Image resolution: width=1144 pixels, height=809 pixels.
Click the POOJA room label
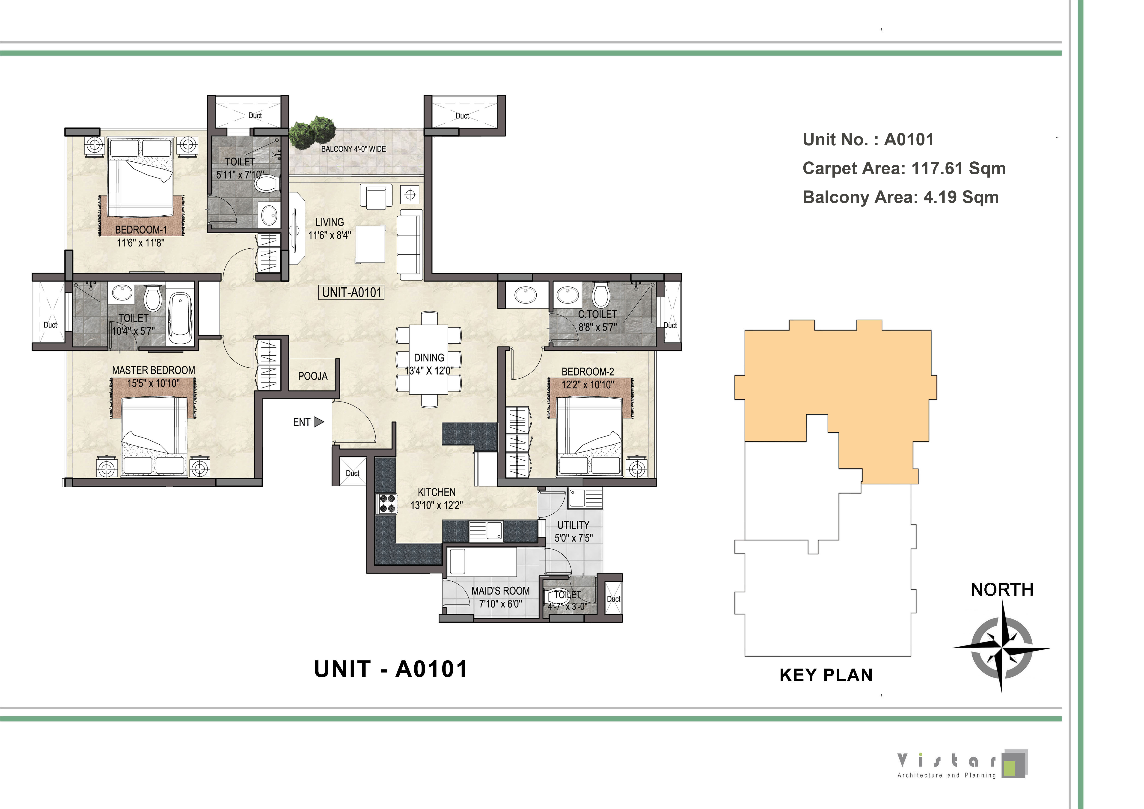pos(313,376)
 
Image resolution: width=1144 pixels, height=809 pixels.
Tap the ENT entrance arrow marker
pos(319,422)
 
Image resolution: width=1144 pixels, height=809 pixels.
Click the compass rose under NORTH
pos(1001,648)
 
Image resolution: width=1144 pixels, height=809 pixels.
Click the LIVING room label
pos(329,222)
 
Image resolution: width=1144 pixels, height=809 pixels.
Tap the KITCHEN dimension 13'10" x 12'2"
pos(437,505)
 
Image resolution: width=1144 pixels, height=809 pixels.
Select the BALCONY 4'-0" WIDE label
pos(353,149)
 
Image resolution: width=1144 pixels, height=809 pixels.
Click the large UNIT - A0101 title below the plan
pos(391,669)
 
